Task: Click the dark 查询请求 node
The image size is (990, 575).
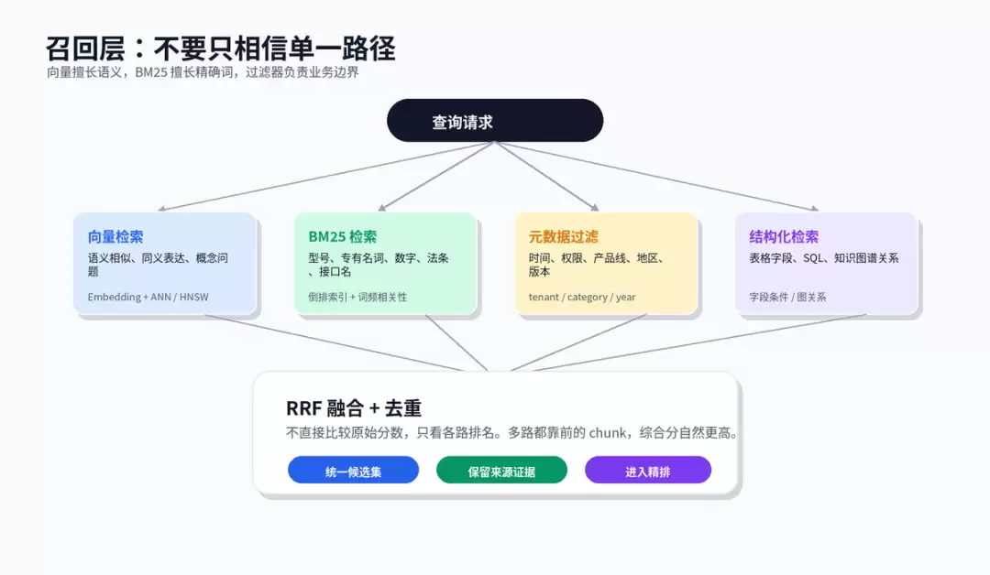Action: (x=495, y=121)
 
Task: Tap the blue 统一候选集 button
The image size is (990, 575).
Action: (x=353, y=471)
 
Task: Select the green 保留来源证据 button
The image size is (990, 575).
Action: (x=501, y=471)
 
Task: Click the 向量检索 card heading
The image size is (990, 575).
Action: (x=115, y=237)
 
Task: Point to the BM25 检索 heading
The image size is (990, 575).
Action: (x=342, y=237)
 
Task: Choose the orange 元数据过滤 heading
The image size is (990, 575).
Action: (x=563, y=237)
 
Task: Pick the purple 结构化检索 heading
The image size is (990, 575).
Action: (x=784, y=237)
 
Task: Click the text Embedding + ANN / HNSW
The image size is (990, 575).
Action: (x=148, y=297)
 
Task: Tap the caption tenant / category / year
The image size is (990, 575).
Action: (x=581, y=297)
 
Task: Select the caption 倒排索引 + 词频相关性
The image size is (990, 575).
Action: (x=357, y=297)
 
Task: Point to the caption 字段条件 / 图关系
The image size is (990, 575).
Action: (x=787, y=297)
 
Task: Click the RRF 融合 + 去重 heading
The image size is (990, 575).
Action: (x=354, y=408)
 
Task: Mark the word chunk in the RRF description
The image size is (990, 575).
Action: (x=608, y=433)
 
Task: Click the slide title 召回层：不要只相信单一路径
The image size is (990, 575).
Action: (x=220, y=49)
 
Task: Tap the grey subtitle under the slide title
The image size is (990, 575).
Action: (x=203, y=72)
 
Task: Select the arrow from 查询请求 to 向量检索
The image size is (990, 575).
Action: (x=325, y=176)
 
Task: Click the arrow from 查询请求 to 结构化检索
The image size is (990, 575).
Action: (x=657, y=176)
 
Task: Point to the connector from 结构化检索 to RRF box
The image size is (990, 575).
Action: (x=699, y=342)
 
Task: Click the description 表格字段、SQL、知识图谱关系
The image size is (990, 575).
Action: (x=824, y=258)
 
